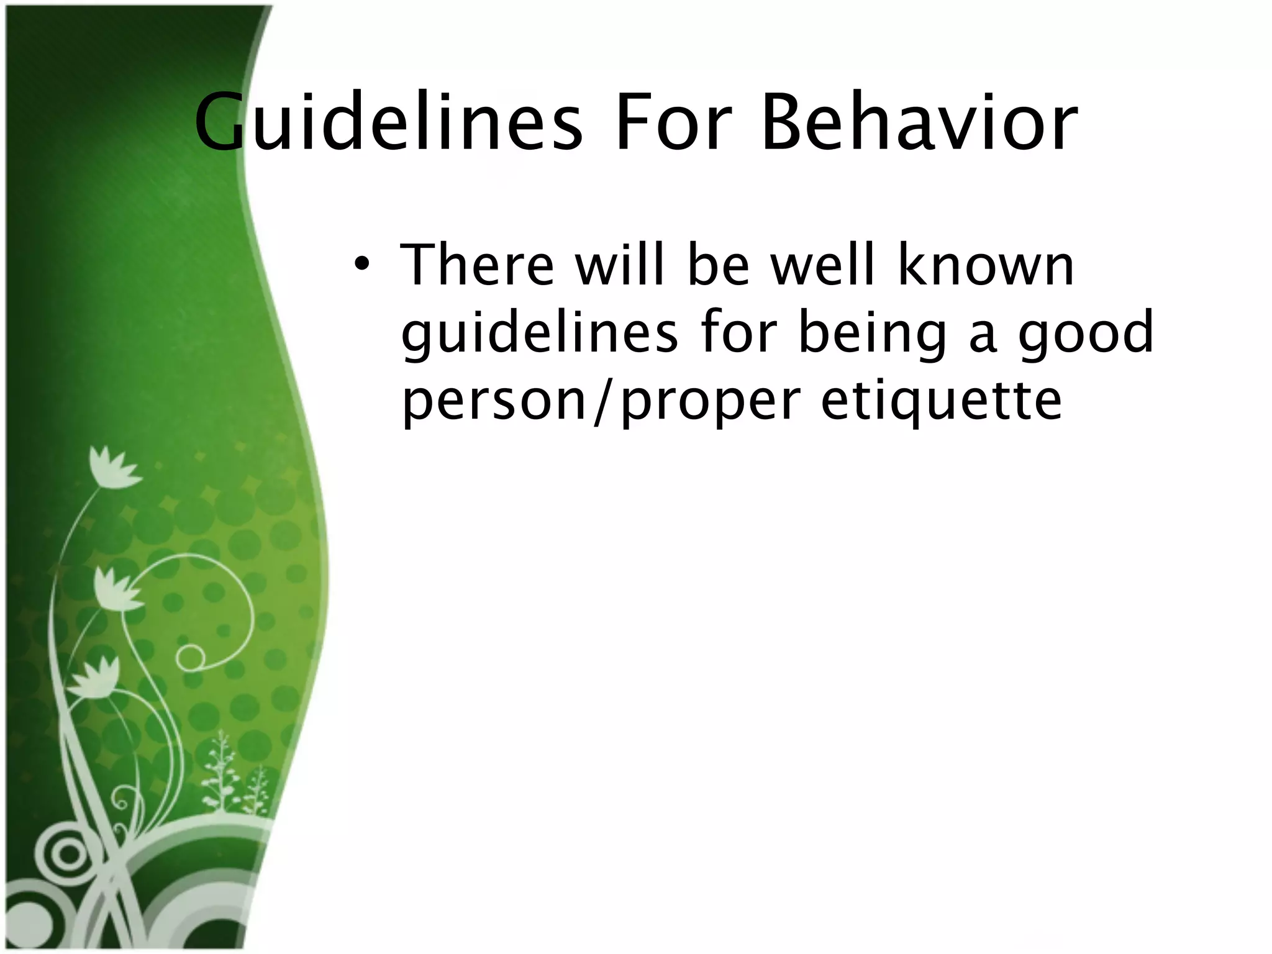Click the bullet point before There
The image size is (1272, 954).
(362, 266)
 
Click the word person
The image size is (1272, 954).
(494, 402)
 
